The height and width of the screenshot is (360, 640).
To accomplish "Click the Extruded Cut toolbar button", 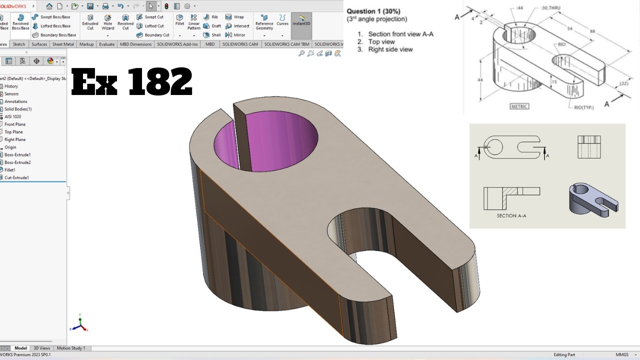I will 90,22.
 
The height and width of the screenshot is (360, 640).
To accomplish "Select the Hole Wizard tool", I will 108,22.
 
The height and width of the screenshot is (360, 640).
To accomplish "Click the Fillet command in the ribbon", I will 179,20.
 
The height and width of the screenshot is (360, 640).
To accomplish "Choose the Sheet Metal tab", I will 63,44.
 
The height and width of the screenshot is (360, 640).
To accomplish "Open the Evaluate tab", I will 106,44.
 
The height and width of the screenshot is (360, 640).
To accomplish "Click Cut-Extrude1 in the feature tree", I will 17,177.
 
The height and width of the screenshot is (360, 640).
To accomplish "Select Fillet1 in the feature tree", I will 10,170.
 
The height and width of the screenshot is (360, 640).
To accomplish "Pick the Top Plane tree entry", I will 13,132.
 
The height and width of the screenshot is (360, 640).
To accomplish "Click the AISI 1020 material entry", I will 13,116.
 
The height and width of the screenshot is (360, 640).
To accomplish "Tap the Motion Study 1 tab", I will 70,348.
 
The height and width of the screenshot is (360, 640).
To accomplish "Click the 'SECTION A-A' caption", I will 511,216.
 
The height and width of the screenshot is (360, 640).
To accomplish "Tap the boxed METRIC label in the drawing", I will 519,106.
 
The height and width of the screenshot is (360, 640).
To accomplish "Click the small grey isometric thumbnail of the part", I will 593,199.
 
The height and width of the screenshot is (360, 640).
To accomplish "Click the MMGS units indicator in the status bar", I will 622,354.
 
